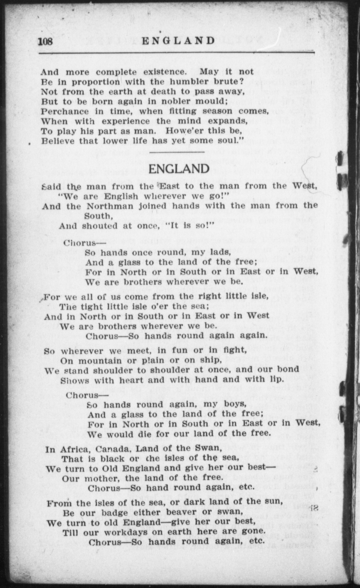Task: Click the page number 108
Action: click(x=45, y=41)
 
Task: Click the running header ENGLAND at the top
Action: click(x=179, y=41)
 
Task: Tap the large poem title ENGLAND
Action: click(x=179, y=169)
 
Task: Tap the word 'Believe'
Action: click(x=58, y=141)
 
